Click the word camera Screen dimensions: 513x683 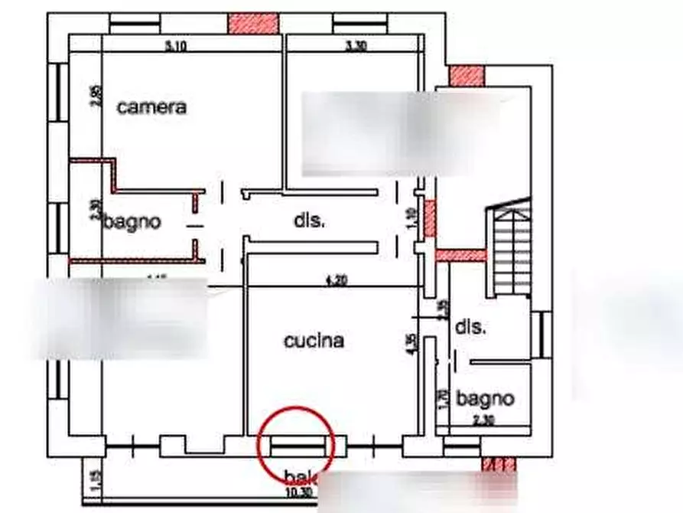(x=151, y=107)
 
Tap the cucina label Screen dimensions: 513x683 (x=314, y=341)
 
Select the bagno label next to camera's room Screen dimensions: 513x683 (x=133, y=222)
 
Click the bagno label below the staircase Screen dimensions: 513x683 (x=485, y=398)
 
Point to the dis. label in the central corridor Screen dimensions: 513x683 (x=309, y=221)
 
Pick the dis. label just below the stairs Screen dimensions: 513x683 (x=470, y=327)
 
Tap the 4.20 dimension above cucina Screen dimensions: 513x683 (x=337, y=280)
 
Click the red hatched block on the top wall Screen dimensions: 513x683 (x=253, y=23)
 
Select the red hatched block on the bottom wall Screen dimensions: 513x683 (x=501, y=464)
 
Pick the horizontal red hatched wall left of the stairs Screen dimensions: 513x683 (x=460, y=255)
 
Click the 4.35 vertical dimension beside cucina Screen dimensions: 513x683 (x=411, y=342)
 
